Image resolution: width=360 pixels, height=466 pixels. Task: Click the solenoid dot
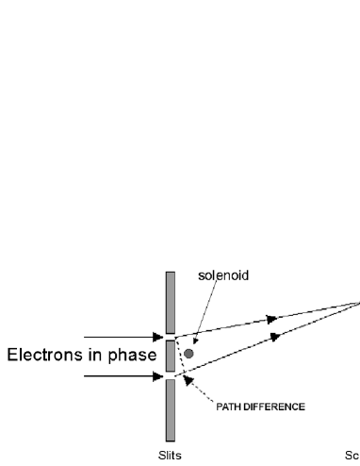click(x=189, y=354)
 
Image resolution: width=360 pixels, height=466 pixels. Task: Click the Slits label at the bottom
click(x=170, y=454)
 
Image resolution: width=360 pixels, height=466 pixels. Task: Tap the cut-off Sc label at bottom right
click(x=353, y=454)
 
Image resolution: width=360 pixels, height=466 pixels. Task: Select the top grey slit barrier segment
click(x=171, y=301)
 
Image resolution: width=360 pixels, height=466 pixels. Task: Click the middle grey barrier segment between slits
click(x=171, y=355)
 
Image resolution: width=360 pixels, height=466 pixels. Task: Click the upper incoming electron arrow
click(x=123, y=335)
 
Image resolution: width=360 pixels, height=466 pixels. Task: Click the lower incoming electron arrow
click(x=123, y=375)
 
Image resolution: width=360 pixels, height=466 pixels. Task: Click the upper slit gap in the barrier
click(x=171, y=335)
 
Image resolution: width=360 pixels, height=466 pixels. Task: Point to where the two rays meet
click(x=357, y=302)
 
